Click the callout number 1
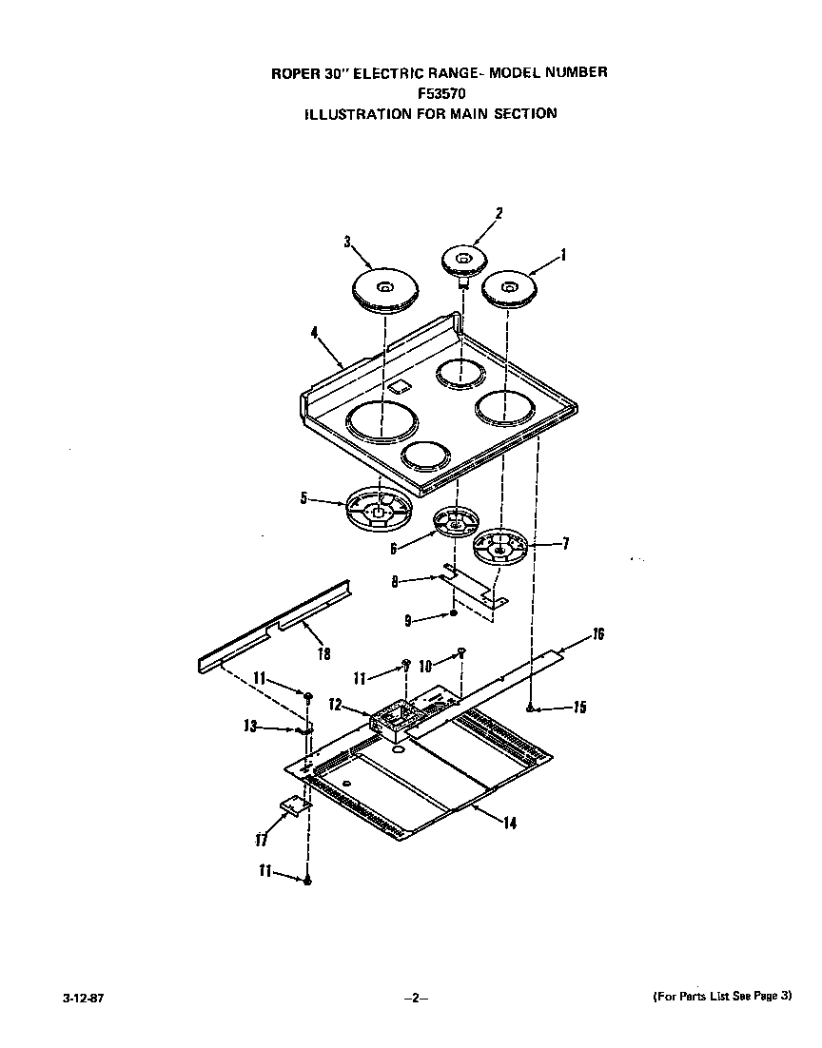tap(563, 255)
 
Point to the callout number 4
tap(314, 334)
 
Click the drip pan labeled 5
tap(378, 510)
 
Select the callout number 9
tap(408, 619)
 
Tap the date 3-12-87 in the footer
tap(84, 997)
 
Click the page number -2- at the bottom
tap(416, 998)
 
